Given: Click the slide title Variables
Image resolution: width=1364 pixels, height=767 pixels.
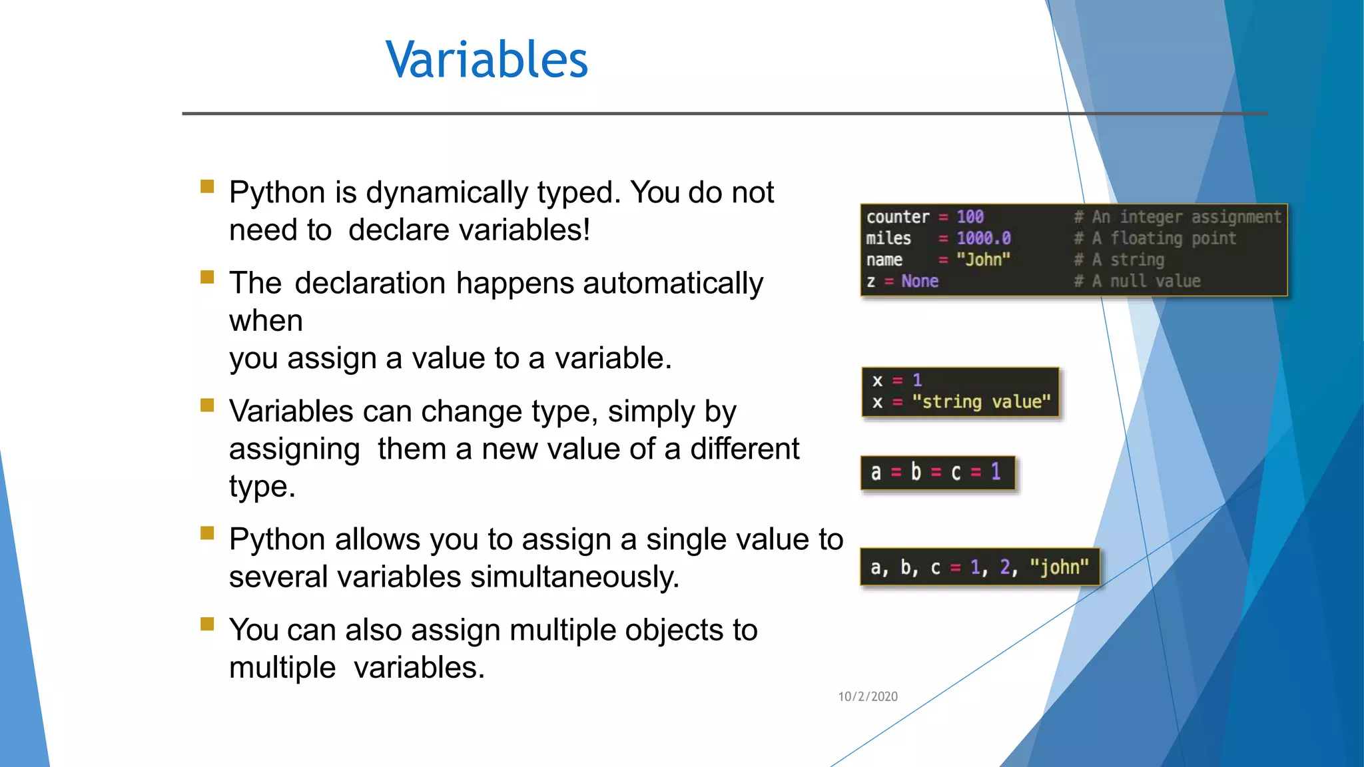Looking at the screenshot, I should pos(486,60).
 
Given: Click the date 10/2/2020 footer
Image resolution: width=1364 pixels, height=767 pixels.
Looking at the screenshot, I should pos(867,696).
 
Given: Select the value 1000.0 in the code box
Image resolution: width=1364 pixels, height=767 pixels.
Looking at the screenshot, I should pos(983,238).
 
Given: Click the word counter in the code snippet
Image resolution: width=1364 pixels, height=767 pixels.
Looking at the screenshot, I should pos(897,217).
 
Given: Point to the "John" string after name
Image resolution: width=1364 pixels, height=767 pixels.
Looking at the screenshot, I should pos(983,260).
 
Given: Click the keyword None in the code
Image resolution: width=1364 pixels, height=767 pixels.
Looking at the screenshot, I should pos(919,281).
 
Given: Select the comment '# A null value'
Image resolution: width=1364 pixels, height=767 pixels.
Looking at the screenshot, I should pos(1137,281).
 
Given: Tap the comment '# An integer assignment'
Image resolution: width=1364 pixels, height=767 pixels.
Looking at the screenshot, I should pos(1177,217).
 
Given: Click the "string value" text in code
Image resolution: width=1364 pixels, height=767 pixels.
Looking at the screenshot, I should pos(981,402).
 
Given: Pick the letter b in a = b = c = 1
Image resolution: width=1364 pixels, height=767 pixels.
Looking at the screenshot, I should pos(916,472).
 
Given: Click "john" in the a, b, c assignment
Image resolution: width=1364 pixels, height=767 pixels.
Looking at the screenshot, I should pos(1059,567).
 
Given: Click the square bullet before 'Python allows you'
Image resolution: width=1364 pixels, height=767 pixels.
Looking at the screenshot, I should pos(207,533).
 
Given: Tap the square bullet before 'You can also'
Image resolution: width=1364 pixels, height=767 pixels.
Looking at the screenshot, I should pos(207,624).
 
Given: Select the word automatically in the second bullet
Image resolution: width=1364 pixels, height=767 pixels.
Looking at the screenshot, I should pos(673,284).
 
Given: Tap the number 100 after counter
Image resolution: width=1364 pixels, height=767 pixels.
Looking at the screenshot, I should pos(970,217).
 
